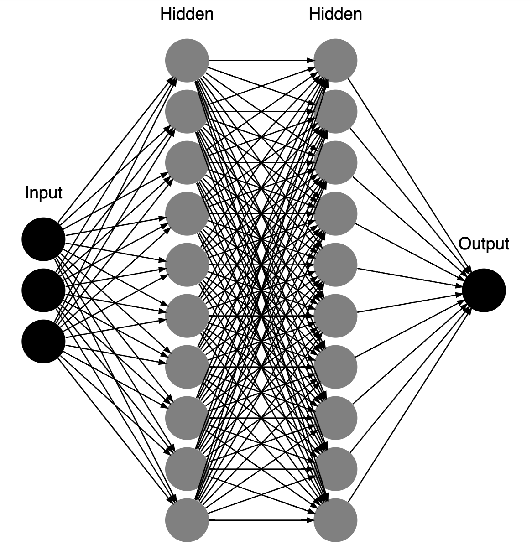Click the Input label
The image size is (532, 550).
tap(43, 193)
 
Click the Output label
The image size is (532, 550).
tap(484, 244)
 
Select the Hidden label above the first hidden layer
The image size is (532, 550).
tap(187, 14)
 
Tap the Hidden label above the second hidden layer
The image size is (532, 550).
tap(335, 14)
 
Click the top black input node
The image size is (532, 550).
tap(43, 239)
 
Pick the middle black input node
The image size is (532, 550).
tap(43, 291)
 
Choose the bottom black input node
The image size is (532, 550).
tap(43, 342)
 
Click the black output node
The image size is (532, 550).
tap(484, 291)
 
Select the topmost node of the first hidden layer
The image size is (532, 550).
tap(187, 61)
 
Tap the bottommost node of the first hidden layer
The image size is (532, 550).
tap(187, 520)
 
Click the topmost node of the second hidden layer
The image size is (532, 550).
tap(335, 61)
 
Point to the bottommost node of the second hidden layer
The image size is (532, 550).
tap(335, 520)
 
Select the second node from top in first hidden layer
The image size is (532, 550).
tap(187, 112)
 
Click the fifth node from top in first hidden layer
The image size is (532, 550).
tap(187, 265)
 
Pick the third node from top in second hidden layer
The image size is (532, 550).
tap(335, 163)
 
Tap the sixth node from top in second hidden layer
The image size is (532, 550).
tap(335, 316)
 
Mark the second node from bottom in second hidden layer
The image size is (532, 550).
tap(335, 469)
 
